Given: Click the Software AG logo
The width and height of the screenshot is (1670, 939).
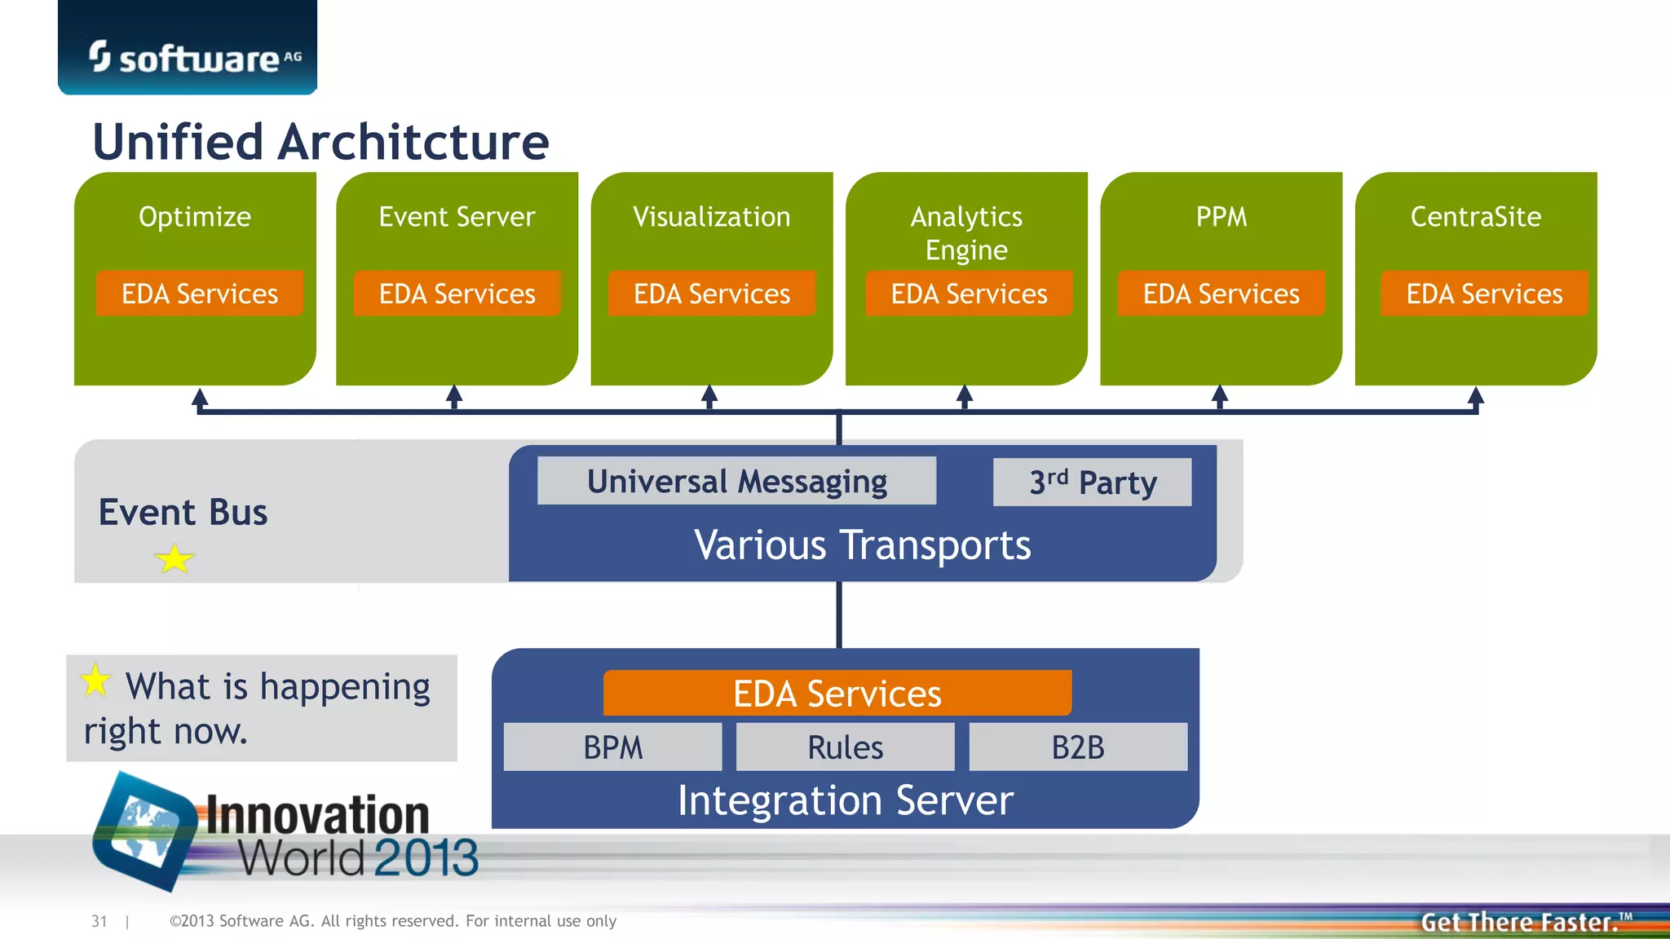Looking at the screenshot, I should (x=194, y=57).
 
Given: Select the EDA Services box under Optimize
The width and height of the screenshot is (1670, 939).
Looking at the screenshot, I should (x=200, y=293).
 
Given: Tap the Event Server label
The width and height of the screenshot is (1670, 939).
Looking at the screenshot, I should (x=457, y=217).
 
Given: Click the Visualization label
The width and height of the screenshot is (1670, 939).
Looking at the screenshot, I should (x=711, y=217).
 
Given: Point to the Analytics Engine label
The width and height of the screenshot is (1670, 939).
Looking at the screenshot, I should (x=966, y=233).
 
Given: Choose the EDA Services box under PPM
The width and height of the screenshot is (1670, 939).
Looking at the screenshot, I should (x=1221, y=293).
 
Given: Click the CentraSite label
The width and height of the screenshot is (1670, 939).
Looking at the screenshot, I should (x=1475, y=217).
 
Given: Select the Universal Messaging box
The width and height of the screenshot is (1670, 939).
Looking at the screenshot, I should (x=736, y=481).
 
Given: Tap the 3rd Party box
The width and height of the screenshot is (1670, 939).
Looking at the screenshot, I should (x=1092, y=482).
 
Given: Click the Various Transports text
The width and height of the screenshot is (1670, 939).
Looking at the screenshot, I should (x=862, y=544).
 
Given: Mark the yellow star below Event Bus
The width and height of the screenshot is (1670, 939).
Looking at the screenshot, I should (x=174, y=560).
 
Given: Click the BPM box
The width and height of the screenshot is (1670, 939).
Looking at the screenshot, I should (x=612, y=747).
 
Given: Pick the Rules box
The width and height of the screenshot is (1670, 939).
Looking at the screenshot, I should (x=845, y=747).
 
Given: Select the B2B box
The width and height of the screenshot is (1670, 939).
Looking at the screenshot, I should (x=1077, y=747).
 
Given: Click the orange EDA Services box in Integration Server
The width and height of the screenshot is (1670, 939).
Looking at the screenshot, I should (x=837, y=694).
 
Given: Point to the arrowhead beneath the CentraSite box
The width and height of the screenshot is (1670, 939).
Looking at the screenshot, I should (x=1475, y=397).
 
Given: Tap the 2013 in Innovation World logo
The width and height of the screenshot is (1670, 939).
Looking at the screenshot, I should (x=426, y=858).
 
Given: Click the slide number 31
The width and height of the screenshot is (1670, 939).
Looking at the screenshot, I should (x=99, y=921).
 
